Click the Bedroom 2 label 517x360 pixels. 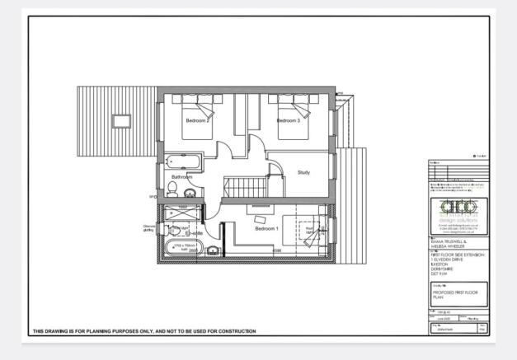196,120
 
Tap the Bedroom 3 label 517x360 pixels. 287,120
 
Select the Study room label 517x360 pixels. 303,172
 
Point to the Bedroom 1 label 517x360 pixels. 266,228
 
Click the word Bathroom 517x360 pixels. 181,177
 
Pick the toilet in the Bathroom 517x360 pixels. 172,191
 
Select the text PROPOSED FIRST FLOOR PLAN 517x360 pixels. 455,294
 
